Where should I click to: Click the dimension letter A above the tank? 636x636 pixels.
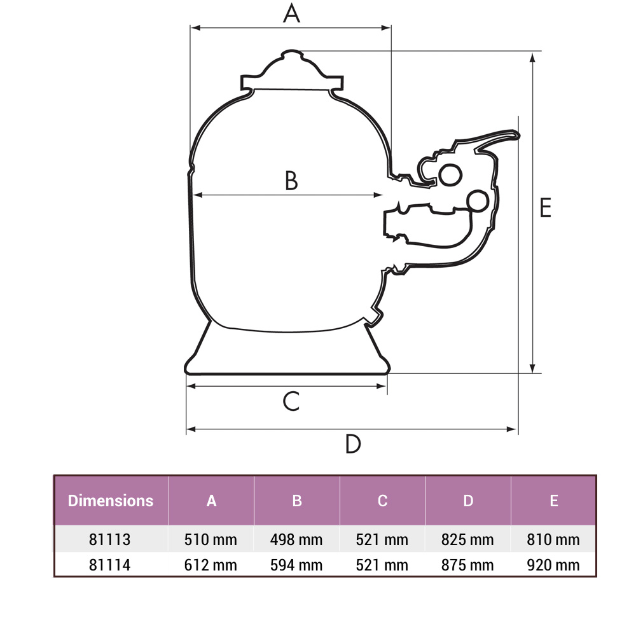click(x=291, y=13)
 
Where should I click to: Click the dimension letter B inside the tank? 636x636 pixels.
click(x=291, y=181)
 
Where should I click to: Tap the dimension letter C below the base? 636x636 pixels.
click(x=291, y=401)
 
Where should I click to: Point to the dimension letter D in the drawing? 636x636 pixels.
click(x=353, y=444)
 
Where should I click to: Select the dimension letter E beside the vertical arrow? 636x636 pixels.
click(x=545, y=208)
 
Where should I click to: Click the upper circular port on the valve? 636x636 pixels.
click(x=450, y=174)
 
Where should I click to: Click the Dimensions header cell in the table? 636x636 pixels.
click(x=111, y=501)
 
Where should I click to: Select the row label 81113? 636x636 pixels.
click(x=110, y=540)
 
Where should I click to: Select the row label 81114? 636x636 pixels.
click(x=110, y=565)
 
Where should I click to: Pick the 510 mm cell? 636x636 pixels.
click(x=211, y=540)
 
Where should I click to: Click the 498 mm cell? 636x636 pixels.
click(x=296, y=540)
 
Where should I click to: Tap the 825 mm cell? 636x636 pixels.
click(x=467, y=540)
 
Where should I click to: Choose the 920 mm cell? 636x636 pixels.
click(x=553, y=565)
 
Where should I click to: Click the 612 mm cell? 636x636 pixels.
click(x=211, y=565)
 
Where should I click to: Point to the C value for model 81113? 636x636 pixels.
click(x=382, y=540)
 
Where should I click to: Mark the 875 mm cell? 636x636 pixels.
click(x=467, y=565)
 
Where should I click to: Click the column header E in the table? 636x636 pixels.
click(x=553, y=501)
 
